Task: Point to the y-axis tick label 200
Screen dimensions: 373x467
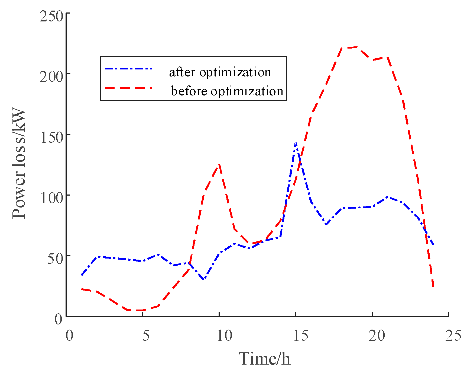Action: coord(51,77)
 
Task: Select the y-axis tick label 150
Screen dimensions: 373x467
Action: coord(51,138)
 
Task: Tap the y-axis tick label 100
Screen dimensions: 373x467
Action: coord(51,198)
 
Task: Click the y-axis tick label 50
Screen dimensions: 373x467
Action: coord(55,259)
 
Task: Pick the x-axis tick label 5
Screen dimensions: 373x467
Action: coord(146,336)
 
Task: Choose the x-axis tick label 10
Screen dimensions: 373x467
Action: coord(225,336)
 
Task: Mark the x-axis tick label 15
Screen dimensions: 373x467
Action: coord(301,336)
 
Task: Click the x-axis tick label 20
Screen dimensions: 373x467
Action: coord(377,336)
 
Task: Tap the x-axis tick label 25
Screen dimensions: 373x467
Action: coord(453,336)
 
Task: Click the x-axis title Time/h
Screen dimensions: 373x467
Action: coord(264,359)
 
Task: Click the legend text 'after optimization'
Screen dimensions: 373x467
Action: coord(220,72)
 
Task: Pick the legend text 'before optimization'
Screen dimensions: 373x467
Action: coord(227,91)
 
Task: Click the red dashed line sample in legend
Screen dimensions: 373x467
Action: coord(129,88)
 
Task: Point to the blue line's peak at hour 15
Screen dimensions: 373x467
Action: coord(296,143)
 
